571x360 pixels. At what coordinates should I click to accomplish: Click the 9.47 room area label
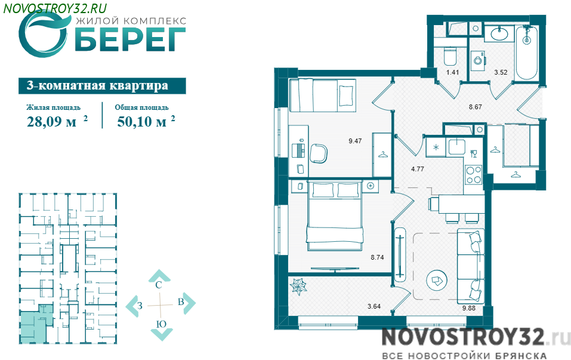(x=355, y=141)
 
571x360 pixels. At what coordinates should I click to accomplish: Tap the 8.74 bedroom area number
(x=377, y=257)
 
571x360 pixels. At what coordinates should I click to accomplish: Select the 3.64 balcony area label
(x=374, y=306)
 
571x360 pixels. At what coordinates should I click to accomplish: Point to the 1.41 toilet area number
(x=453, y=72)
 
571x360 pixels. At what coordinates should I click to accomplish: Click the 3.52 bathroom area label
(x=501, y=72)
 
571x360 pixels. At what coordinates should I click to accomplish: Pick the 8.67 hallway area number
(x=475, y=107)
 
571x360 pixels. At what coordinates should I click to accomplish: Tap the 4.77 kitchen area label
(x=417, y=169)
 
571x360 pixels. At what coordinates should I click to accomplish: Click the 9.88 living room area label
(x=469, y=308)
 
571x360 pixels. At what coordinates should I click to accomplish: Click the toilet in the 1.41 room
(x=450, y=56)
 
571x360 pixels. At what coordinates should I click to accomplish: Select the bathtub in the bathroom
(x=527, y=53)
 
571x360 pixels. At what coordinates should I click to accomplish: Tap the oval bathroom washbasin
(x=499, y=35)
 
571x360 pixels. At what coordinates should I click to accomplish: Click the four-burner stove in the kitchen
(x=474, y=175)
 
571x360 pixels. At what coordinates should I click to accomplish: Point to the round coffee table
(x=437, y=280)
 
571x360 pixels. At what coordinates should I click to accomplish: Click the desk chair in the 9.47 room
(x=319, y=153)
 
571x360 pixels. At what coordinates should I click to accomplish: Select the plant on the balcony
(x=298, y=286)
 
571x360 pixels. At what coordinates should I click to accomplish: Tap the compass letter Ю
(x=161, y=324)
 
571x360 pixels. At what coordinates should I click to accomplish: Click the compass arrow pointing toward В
(x=189, y=303)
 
